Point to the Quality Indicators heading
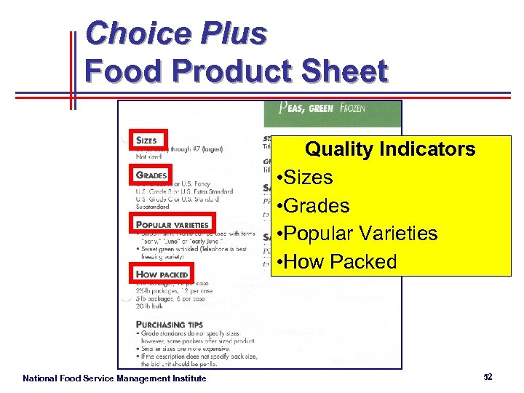[390, 149]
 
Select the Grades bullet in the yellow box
[314, 206]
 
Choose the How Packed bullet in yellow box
[336, 262]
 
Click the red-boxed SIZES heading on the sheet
[146, 140]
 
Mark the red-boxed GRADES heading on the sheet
[151, 175]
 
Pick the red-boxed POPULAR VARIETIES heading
[172, 224]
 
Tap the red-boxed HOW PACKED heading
[162, 274]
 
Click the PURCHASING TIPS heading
[170, 324]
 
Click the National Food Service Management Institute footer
[114, 378]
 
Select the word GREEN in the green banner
[320, 108]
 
